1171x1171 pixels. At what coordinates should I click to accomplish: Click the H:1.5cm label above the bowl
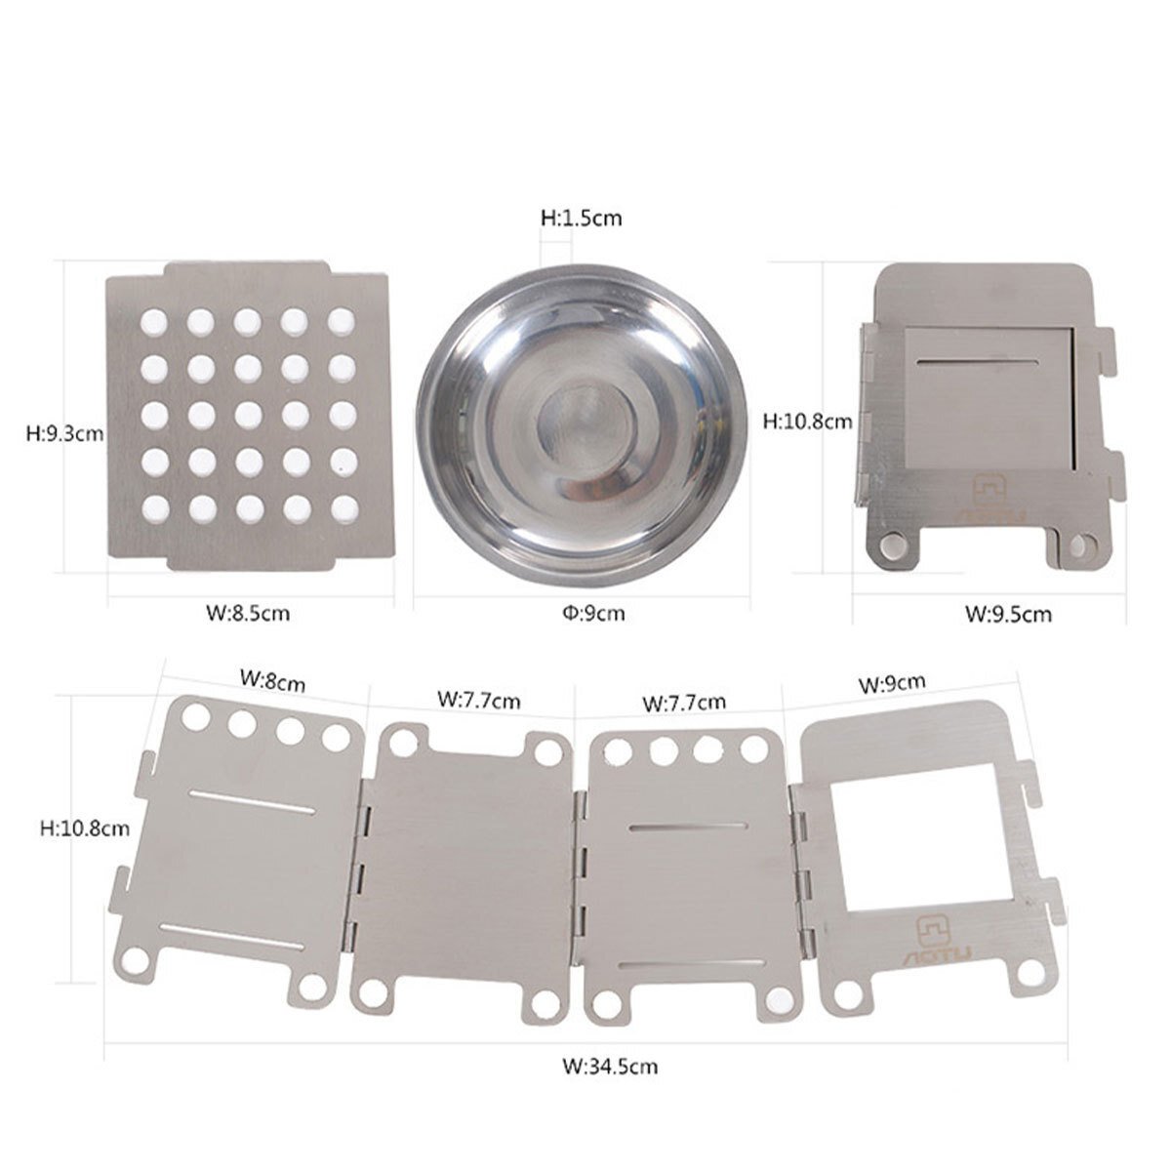[582, 219]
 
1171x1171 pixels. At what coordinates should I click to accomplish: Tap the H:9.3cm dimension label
[65, 434]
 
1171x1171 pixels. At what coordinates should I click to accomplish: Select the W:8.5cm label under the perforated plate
[248, 613]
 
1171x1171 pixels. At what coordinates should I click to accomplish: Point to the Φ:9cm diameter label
[593, 613]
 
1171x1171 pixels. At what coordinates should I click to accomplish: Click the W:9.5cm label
[1009, 614]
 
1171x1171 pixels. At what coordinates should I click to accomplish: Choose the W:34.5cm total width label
[610, 1066]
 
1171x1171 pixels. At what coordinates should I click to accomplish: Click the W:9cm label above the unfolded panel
[892, 682]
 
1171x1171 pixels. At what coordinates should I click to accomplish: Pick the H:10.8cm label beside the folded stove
[808, 421]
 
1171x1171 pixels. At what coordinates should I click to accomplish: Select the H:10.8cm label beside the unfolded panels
[85, 828]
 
